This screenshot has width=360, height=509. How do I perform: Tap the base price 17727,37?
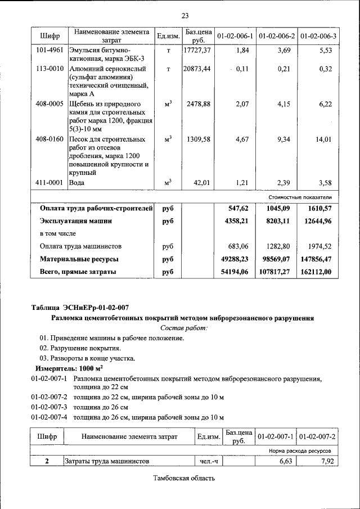(197, 50)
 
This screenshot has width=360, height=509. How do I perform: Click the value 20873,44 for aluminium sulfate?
(197, 69)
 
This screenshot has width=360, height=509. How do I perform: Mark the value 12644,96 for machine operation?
(317, 221)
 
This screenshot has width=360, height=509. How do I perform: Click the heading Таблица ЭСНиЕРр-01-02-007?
(80, 307)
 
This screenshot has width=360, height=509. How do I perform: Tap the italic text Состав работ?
(183, 327)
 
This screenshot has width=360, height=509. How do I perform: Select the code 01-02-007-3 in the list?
(49, 407)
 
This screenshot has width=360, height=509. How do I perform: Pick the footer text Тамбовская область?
(184, 479)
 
